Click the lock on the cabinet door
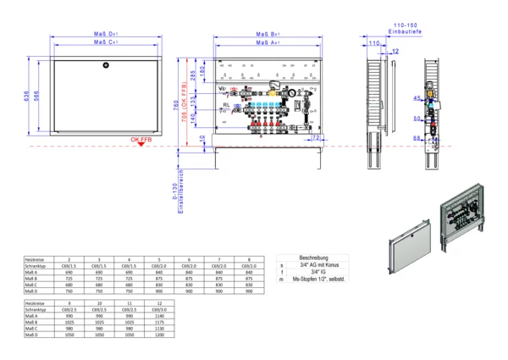pos(105,64)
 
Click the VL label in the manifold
pos(222,88)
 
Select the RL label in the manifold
pos(226,105)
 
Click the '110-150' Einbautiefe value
pos(404,26)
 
